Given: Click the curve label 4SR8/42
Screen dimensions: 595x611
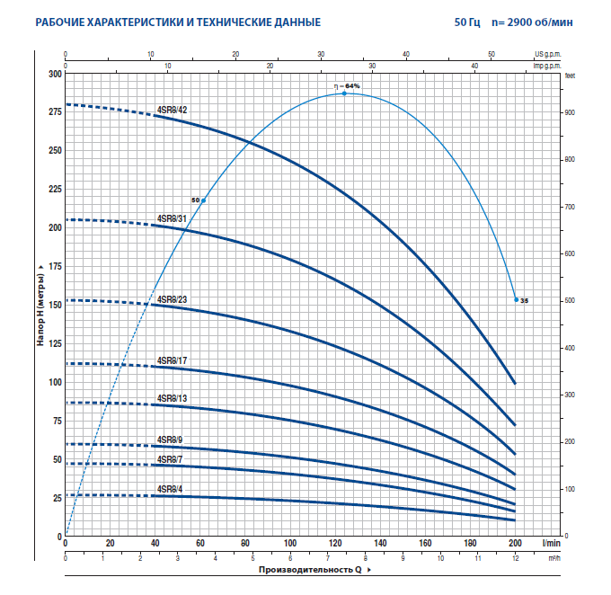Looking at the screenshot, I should click(172, 110).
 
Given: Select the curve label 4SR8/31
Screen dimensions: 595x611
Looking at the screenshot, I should click(172, 218).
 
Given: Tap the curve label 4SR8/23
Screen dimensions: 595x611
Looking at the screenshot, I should click(172, 299).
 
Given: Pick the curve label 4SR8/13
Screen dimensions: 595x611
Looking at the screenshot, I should click(172, 398).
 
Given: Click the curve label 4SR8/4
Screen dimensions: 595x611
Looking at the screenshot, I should click(169, 490).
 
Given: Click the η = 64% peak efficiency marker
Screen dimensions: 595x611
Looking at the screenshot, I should click(344, 93).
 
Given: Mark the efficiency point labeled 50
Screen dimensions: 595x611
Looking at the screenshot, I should click(203, 200).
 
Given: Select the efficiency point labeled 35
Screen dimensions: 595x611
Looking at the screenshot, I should click(517, 299).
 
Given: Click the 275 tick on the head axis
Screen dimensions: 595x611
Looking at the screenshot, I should click(56, 111).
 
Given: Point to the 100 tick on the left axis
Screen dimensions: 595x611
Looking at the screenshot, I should click(56, 382).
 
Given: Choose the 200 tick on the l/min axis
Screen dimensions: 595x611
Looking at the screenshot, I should click(515, 544).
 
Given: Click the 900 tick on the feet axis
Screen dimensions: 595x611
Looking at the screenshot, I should click(568, 113).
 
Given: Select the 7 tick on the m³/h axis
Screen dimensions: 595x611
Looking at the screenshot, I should click(328, 557).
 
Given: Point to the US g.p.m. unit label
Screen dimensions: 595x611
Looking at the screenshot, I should click(547, 55).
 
